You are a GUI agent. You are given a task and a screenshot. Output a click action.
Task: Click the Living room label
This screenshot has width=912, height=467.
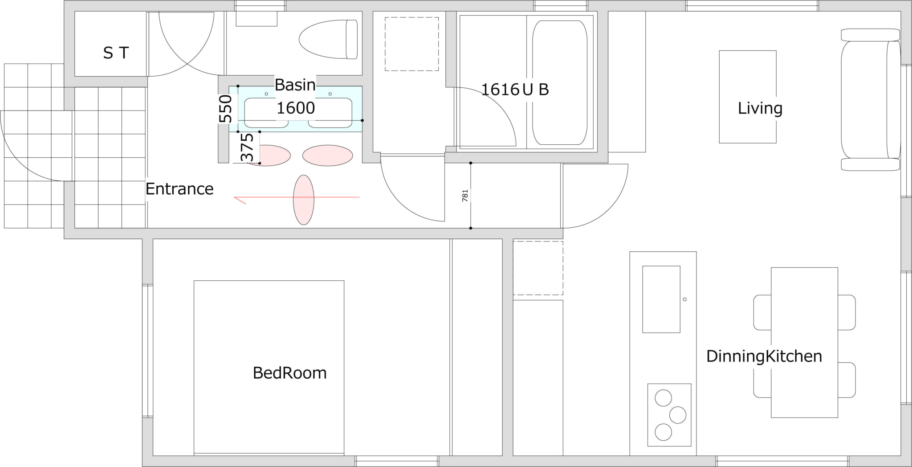(760, 108)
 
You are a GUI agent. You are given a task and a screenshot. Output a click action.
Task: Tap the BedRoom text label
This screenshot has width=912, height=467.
(289, 373)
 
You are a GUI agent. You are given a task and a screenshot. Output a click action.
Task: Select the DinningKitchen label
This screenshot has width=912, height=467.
(764, 356)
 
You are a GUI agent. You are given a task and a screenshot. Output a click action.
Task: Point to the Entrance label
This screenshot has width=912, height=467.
(179, 189)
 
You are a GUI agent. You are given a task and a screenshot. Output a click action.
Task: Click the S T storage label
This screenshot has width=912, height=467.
(116, 53)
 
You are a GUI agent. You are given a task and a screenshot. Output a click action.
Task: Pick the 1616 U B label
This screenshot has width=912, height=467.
(515, 90)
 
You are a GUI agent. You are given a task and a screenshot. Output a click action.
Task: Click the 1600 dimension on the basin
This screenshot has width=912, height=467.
(296, 108)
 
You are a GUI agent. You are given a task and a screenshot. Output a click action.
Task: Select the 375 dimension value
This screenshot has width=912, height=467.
(247, 147)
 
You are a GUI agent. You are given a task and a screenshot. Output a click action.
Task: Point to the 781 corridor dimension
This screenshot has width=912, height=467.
(465, 196)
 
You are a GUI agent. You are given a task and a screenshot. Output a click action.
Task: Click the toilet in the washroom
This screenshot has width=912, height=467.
(328, 39)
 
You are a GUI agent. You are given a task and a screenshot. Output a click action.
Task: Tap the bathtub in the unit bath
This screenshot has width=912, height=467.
(560, 82)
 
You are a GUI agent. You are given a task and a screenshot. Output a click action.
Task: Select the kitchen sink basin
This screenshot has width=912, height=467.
(661, 299)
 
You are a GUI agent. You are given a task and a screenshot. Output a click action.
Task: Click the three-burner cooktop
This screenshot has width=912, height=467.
(669, 415)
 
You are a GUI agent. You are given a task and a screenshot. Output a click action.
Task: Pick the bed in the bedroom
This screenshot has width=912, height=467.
(269, 368)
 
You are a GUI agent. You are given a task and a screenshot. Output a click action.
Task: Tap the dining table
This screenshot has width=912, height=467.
(804, 342)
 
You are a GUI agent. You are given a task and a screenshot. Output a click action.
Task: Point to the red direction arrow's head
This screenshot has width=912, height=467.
(235, 197)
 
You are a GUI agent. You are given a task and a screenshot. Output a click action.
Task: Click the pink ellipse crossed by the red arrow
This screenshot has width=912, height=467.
(304, 200)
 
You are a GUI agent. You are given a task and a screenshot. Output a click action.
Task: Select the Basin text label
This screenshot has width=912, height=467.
(295, 85)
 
